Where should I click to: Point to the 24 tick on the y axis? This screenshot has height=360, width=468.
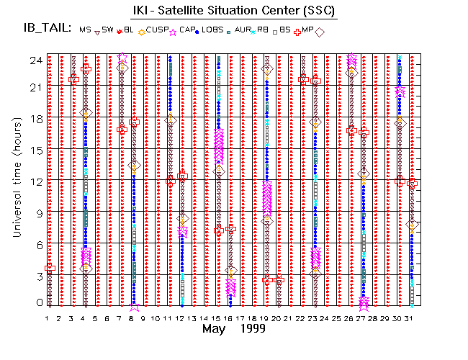pyautogui.click(x=34, y=60)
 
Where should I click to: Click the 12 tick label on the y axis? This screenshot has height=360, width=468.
pyautogui.click(x=34, y=181)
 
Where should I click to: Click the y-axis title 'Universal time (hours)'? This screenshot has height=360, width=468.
pyautogui.click(x=16, y=180)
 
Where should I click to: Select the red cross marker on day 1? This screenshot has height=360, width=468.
pyautogui.click(x=50, y=268)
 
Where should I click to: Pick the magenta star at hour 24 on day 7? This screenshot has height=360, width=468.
pyautogui.click(x=122, y=58)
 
